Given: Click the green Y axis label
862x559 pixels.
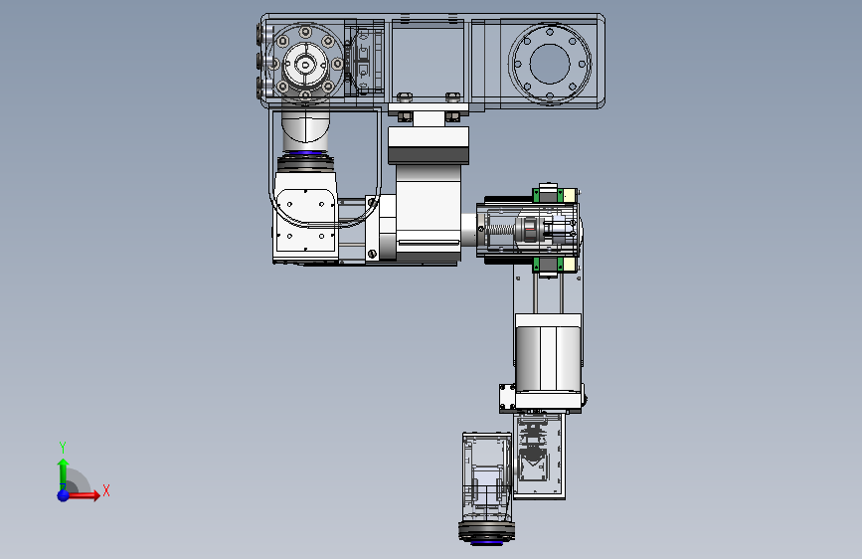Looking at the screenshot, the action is click(x=63, y=448).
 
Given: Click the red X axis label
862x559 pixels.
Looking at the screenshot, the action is click(x=106, y=490).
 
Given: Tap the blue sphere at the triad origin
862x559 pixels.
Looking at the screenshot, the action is click(x=64, y=495).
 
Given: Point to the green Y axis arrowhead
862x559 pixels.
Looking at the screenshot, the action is click(x=64, y=464).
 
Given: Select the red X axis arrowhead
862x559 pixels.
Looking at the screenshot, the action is click(x=95, y=495).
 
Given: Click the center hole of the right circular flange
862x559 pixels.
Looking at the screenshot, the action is click(x=550, y=64).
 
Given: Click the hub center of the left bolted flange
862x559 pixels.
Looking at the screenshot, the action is click(x=304, y=65).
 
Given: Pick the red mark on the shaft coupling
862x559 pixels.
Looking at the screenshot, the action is click(x=529, y=228).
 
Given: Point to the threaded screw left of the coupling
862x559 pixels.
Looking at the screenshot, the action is click(x=499, y=229).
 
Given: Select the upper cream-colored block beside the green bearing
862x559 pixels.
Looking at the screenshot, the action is click(x=570, y=195).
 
